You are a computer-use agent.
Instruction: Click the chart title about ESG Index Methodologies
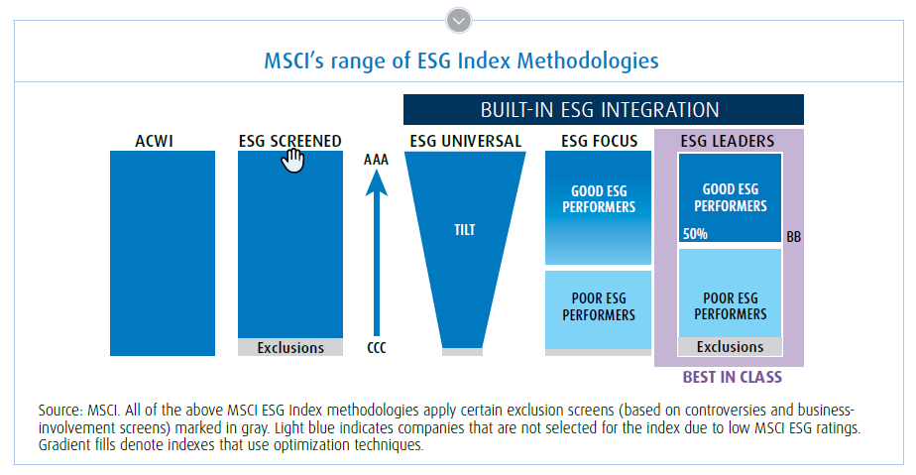pos(461,60)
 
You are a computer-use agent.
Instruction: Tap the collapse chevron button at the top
pos(458,19)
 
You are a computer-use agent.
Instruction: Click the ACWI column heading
pos(162,141)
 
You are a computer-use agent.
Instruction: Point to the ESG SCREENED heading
pos(290,141)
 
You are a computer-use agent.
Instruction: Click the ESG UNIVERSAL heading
pos(465,141)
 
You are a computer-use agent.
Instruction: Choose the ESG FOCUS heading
pos(598,141)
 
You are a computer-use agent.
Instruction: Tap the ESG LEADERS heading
pos(728,141)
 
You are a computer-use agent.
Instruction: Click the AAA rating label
pos(376,159)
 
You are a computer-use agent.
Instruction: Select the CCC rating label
pos(376,348)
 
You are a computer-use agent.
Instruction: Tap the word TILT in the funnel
pos(465,230)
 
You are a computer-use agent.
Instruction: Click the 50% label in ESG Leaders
pos(694,235)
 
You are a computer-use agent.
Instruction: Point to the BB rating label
pos(793,238)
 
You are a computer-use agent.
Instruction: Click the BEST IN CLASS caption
pos(732,377)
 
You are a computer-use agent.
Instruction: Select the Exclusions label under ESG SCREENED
pos(290,348)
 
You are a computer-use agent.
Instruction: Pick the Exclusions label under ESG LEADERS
pos(730,347)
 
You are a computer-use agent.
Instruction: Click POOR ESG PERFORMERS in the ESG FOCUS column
pos(598,306)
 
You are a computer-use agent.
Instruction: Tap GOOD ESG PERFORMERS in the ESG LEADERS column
pos(730,198)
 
